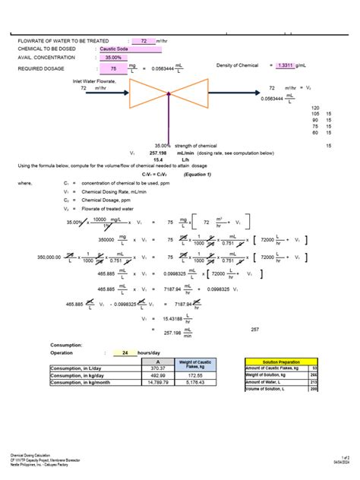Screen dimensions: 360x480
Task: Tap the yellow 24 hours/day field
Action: click(125, 352)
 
